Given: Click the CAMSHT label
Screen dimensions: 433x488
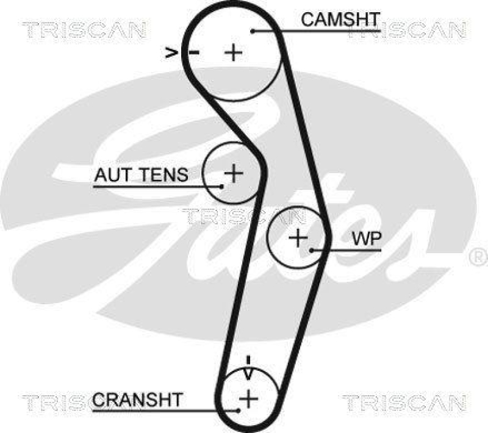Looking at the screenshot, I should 340,20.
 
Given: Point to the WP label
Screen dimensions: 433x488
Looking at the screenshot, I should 366,239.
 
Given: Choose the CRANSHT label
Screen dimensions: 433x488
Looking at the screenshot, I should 137,400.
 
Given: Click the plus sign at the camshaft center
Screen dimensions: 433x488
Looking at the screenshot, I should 233,52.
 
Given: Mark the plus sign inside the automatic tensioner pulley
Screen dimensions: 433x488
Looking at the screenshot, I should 233,173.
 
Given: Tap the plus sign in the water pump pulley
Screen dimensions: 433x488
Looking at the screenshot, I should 298,238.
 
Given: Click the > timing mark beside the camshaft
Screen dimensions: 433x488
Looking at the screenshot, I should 172,53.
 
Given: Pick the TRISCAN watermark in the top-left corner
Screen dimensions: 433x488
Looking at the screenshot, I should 84,29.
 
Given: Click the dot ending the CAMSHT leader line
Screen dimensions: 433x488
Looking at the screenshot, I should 252,30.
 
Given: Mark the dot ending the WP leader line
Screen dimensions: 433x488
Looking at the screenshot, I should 312,250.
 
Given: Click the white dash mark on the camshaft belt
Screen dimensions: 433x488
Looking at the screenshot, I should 193,53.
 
